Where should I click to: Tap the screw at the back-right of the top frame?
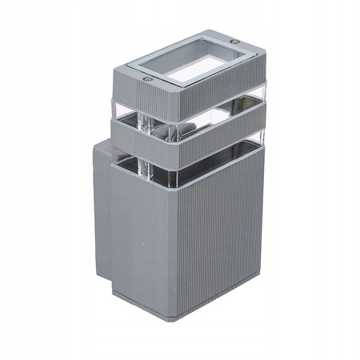coord(234,42)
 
